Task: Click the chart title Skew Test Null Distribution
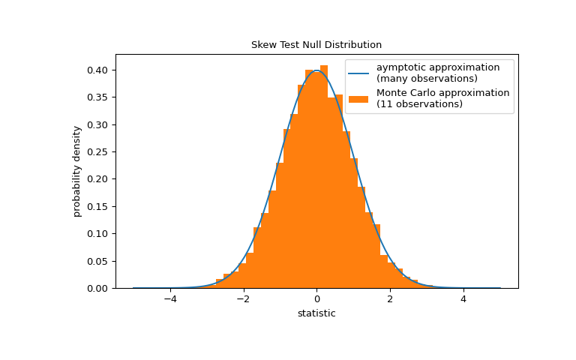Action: pyautogui.click(x=316, y=45)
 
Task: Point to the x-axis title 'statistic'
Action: pyautogui.click(x=316, y=313)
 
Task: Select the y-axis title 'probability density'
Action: pyautogui.click(x=77, y=171)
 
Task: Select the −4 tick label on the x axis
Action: pyautogui.click(x=170, y=298)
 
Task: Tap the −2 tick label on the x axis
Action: pyautogui.click(x=243, y=298)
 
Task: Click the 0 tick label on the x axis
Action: pyautogui.click(x=316, y=298)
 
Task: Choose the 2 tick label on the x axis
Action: pyautogui.click(x=390, y=298)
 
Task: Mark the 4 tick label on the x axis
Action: pyautogui.click(x=463, y=298)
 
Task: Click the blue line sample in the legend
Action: pyautogui.click(x=358, y=73)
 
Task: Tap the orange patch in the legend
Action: pyautogui.click(x=358, y=98)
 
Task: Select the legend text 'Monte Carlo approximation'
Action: pyautogui.click(x=442, y=93)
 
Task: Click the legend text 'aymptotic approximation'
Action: pyautogui.click(x=438, y=67)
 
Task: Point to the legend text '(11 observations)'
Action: pyautogui.click(x=419, y=104)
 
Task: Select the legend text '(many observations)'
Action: pyautogui.click(x=427, y=79)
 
